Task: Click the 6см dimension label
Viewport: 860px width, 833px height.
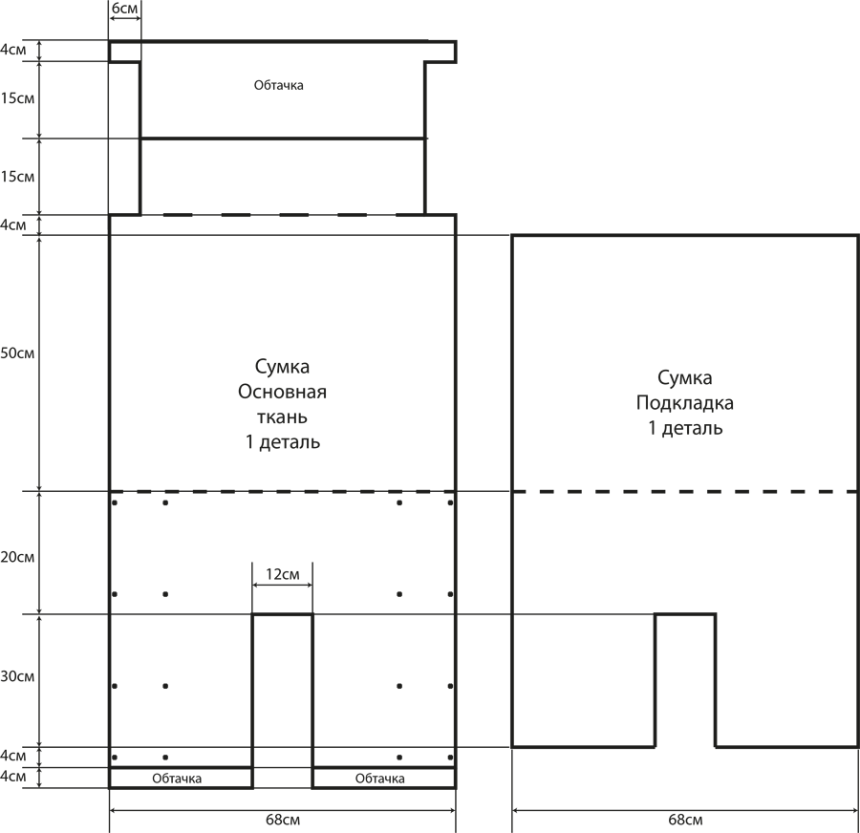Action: coord(124,9)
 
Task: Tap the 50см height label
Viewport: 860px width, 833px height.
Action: coord(17,353)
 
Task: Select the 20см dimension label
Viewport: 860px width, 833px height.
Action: coord(17,557)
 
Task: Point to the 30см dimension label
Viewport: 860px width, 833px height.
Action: coord(17,676)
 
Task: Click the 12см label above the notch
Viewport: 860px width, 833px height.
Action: coord(283,574)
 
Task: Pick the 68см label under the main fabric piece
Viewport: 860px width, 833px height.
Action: coord(283,820)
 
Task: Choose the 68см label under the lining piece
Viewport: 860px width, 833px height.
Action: coord(685,820)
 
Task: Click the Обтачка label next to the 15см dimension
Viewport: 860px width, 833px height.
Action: coord(279,85)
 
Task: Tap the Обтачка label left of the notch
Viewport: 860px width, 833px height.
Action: coord(177,779)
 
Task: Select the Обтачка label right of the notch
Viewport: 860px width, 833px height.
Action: coord(379,779)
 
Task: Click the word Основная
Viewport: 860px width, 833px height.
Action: coord(282,392)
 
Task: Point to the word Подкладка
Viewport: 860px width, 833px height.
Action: coord(684,402)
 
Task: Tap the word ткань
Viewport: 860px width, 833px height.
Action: coord(282,416)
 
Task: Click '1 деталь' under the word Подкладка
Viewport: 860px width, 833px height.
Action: coord(685,428)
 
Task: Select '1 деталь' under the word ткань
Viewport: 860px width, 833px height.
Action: coord(283,442)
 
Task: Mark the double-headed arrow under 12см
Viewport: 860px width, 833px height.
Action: coord(283,586)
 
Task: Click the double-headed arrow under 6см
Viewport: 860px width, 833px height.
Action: coord(125,19)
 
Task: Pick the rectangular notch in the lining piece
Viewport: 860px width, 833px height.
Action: coord(685,680)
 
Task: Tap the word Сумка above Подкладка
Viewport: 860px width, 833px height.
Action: coord(684,377)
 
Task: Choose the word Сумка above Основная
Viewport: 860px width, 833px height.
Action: coord(282,366)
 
